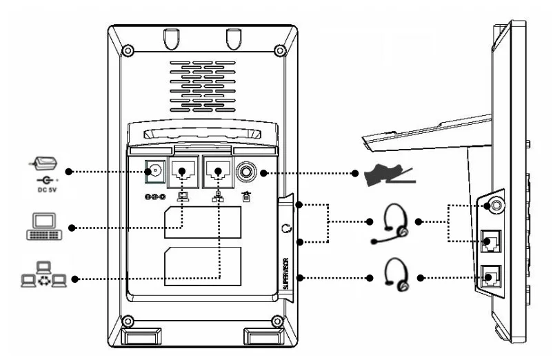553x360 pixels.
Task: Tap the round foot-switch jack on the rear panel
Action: click(x=246, y=171)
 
